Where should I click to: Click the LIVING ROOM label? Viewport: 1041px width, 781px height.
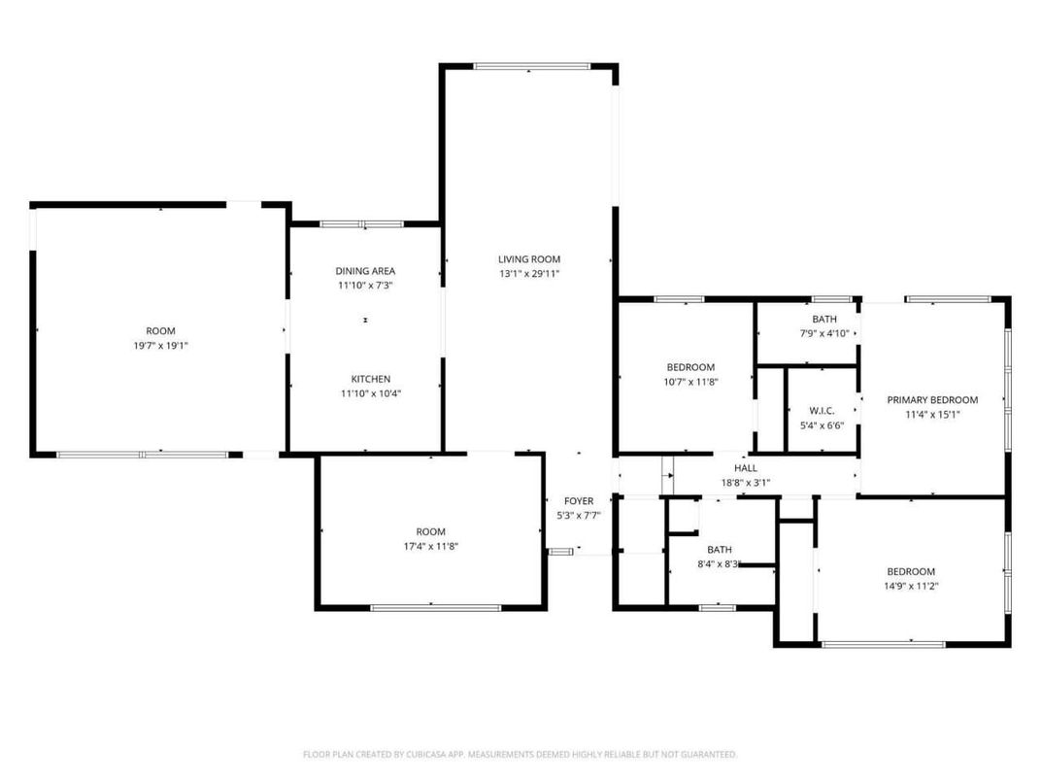point(529,259)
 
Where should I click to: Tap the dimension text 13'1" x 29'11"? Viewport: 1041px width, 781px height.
point(529,274)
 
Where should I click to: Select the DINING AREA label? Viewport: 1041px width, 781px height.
point(365,271)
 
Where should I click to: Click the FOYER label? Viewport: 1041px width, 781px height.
point(578,501)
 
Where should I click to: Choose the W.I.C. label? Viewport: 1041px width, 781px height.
point(822,410)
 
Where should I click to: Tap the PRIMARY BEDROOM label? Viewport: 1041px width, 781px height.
point(932,399)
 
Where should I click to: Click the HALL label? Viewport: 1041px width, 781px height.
point(745,468)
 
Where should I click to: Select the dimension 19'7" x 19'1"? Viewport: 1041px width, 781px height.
point(160,345)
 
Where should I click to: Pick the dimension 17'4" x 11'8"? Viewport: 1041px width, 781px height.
point(430,546)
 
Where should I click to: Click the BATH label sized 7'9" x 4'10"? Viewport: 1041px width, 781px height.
point(824,320)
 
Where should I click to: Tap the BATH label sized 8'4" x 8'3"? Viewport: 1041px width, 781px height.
point(719,549)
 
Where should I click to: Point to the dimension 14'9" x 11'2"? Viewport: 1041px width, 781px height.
point(911,586)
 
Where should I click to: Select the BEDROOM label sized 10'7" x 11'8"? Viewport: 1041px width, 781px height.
point(690,367)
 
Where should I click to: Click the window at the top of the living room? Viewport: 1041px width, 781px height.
point(528,67)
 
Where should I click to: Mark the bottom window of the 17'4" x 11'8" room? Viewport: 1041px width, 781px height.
point(435,608)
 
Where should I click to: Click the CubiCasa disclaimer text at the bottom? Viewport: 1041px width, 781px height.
point(520,754)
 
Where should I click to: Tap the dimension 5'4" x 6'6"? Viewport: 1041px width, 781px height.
point(822,424)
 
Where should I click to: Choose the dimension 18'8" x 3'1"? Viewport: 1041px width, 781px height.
point(745,482)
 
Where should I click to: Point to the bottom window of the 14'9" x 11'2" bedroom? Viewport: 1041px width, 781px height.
point(883,643)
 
